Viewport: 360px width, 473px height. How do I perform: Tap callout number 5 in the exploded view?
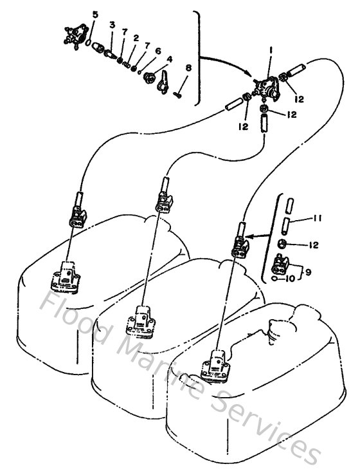[95, 14]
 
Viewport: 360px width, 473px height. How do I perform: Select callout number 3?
[112, 24]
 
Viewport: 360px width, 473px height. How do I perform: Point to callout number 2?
[136, 39]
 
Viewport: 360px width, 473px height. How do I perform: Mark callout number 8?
[188, 68]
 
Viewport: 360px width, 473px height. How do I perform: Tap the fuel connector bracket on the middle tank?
[145, 320]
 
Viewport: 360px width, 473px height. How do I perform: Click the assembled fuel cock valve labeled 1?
[265, 87]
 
